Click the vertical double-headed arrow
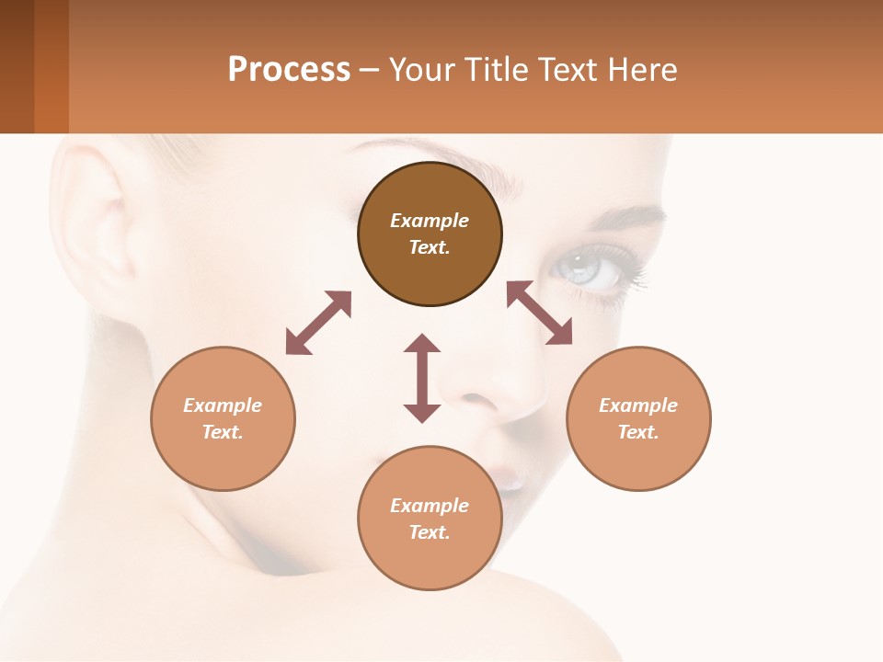pos(422,378)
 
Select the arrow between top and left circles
pos(318,323)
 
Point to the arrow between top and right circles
pos(539,313)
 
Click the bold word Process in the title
pos(289,70)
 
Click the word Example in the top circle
pos(430,221)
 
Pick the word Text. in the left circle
pos(223,432)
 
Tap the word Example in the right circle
pos(638,405)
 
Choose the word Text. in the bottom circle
pos(430,532)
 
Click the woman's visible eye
pos(586,268)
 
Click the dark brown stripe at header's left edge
pos(17,66)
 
